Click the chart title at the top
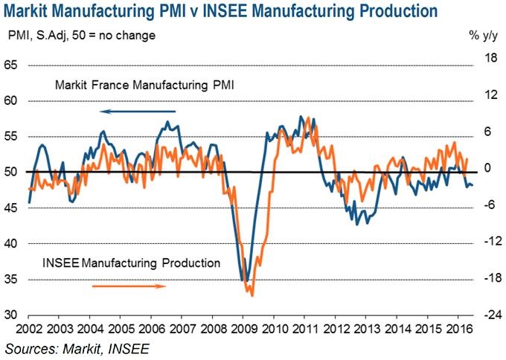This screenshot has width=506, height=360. pyautogui.click(x=224, y=12)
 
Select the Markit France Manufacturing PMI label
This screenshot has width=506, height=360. pyautogui.click(x=144, y=86)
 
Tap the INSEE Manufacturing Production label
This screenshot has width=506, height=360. pyautogui.click(x=132, y=263)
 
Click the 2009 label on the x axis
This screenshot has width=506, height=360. pyautogui.click(x=244, y=329)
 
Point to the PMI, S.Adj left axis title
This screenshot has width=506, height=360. pyautogui.click(x=71, y=35)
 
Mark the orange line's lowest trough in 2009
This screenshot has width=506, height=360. pyautogui.click(x=252, y=296)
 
